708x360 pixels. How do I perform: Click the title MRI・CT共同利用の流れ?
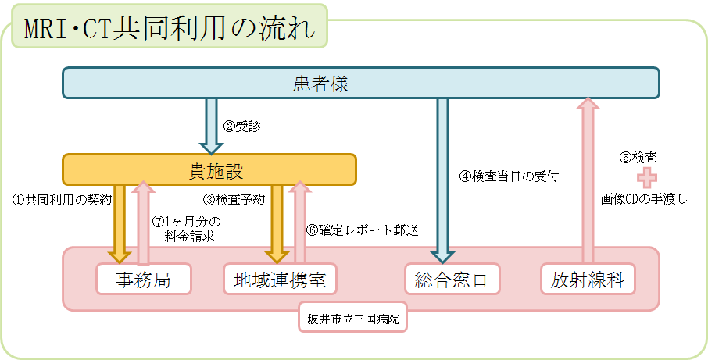[169, 29]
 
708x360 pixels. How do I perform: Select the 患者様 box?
[360, 84]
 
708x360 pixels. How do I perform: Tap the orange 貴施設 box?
[209, 169]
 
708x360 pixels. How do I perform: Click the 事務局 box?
[144, 279]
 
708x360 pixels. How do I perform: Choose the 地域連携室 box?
[280, 279]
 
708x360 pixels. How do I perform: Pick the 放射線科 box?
[587, 279]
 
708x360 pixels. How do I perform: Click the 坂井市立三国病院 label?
[353, 318]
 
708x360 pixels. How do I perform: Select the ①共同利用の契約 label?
[63, 199]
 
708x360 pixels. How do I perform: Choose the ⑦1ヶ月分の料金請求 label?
[188, 226]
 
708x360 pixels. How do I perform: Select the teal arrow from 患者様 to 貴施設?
[210, 125]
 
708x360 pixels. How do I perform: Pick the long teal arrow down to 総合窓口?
[443, 180]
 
